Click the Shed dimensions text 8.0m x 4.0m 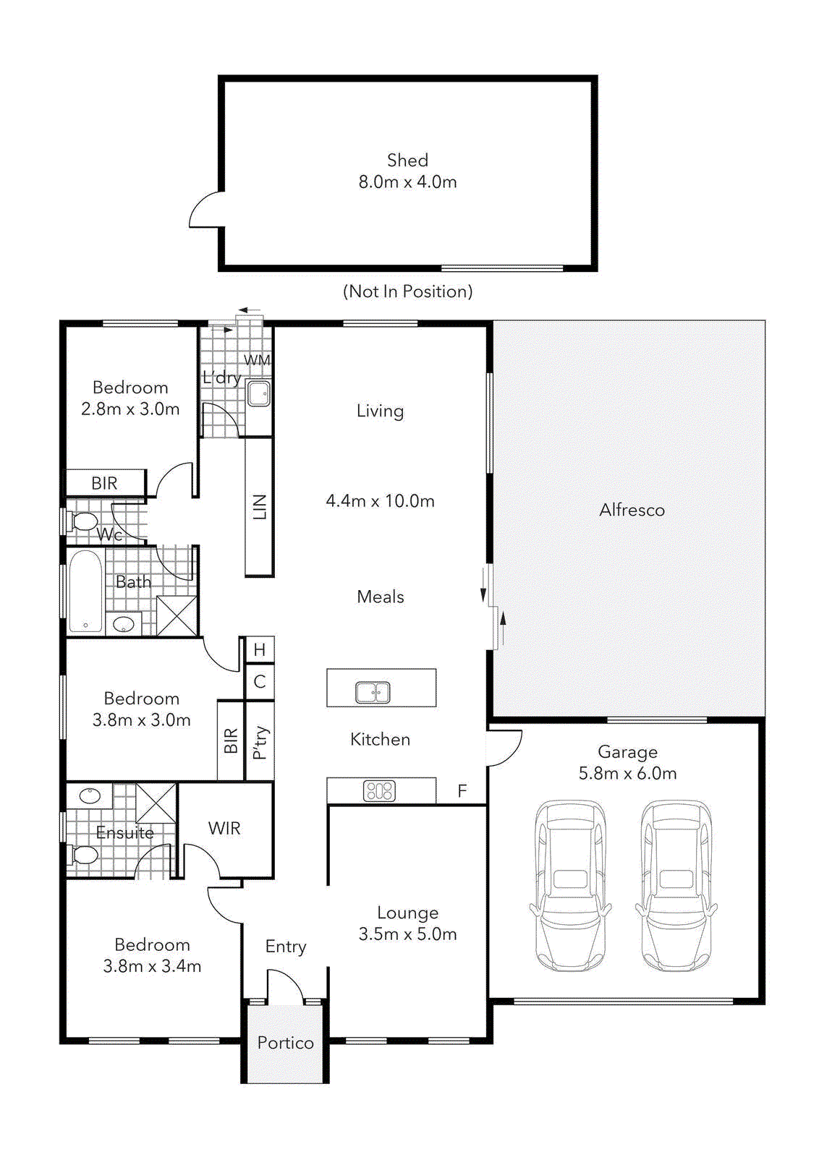click(407, 182)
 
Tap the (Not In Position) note click(407, 291)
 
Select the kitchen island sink click(373, 692)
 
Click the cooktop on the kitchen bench click(379, 791)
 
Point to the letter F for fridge click(462, 791)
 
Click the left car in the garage click(570, 885)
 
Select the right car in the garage click(676, 885)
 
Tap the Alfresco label click(632, 511)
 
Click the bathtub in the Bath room click(85, 591)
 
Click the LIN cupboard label click(260, 507)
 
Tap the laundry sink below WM click(258, 394)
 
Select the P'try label click(260, 743)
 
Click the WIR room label click(224, 829)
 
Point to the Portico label click(285, 1043)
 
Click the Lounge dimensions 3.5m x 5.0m click(407, 934)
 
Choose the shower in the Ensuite click(156, 802)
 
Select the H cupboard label click(260, 649)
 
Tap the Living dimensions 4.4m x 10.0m click(380, 501)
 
